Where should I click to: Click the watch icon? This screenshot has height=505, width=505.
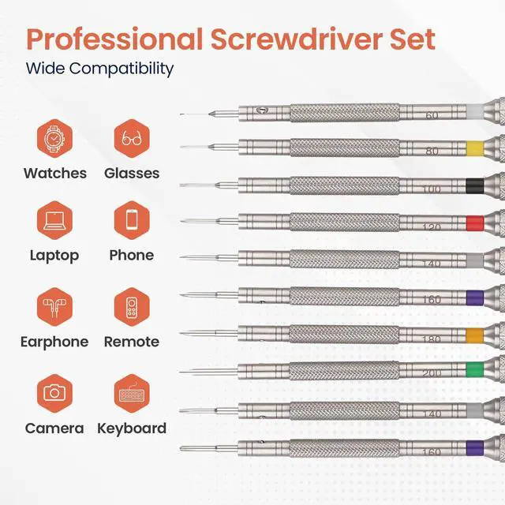coord(54,138)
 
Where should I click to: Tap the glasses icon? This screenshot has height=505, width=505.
coord(132,138)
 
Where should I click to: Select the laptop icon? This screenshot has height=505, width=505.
coord(54,220)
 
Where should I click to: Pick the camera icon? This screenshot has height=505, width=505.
coord(54,392)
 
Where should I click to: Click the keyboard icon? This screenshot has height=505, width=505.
coord(132,392)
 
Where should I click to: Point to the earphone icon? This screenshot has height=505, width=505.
coord(54,307)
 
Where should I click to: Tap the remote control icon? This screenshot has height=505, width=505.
coord(132,307)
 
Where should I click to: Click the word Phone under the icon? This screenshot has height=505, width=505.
coord(132,255)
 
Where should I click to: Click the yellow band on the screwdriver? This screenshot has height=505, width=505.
coord(473,147)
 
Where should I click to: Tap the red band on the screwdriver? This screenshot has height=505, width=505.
coord(473,222)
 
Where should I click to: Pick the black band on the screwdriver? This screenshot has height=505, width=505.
coord(473,185)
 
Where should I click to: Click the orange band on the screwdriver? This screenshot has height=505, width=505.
coord(473,334)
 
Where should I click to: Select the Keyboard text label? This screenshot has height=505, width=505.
coord(132,428)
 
